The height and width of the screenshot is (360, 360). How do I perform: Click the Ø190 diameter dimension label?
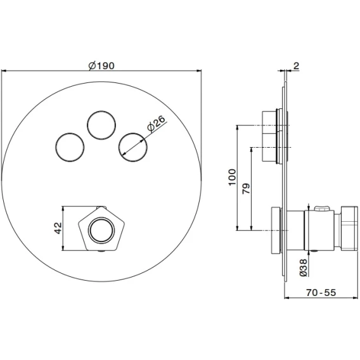tap(101, 66)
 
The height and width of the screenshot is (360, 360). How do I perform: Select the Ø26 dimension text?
tap(156, 124)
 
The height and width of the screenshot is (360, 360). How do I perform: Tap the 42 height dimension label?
tap(58, 228)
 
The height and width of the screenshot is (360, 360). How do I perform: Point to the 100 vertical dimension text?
tap(232, 177)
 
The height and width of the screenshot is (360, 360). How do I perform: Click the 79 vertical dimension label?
tap(247, 188)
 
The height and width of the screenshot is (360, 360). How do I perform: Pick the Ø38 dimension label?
tap(303, 267)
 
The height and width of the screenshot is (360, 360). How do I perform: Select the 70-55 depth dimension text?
tap(321, 293)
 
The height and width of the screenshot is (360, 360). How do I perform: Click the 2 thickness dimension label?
tap(296, 66)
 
